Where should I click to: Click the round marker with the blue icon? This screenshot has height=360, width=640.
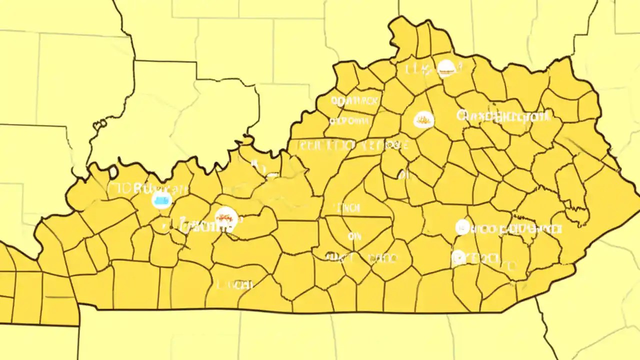point(161,200)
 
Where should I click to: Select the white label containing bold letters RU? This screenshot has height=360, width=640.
point(147,189)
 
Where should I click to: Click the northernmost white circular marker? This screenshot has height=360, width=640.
point(446,68)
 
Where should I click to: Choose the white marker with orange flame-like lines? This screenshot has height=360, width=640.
point(424,119)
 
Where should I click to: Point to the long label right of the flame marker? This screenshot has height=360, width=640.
point(503,116)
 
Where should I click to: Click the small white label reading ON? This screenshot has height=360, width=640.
point(354,236)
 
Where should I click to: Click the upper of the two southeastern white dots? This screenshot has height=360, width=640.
point(462,227)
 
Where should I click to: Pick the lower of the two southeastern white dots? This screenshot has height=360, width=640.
point(458,258)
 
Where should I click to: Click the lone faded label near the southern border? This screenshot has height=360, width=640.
point(235,285)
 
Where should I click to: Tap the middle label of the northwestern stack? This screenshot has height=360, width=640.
point(350,121)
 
